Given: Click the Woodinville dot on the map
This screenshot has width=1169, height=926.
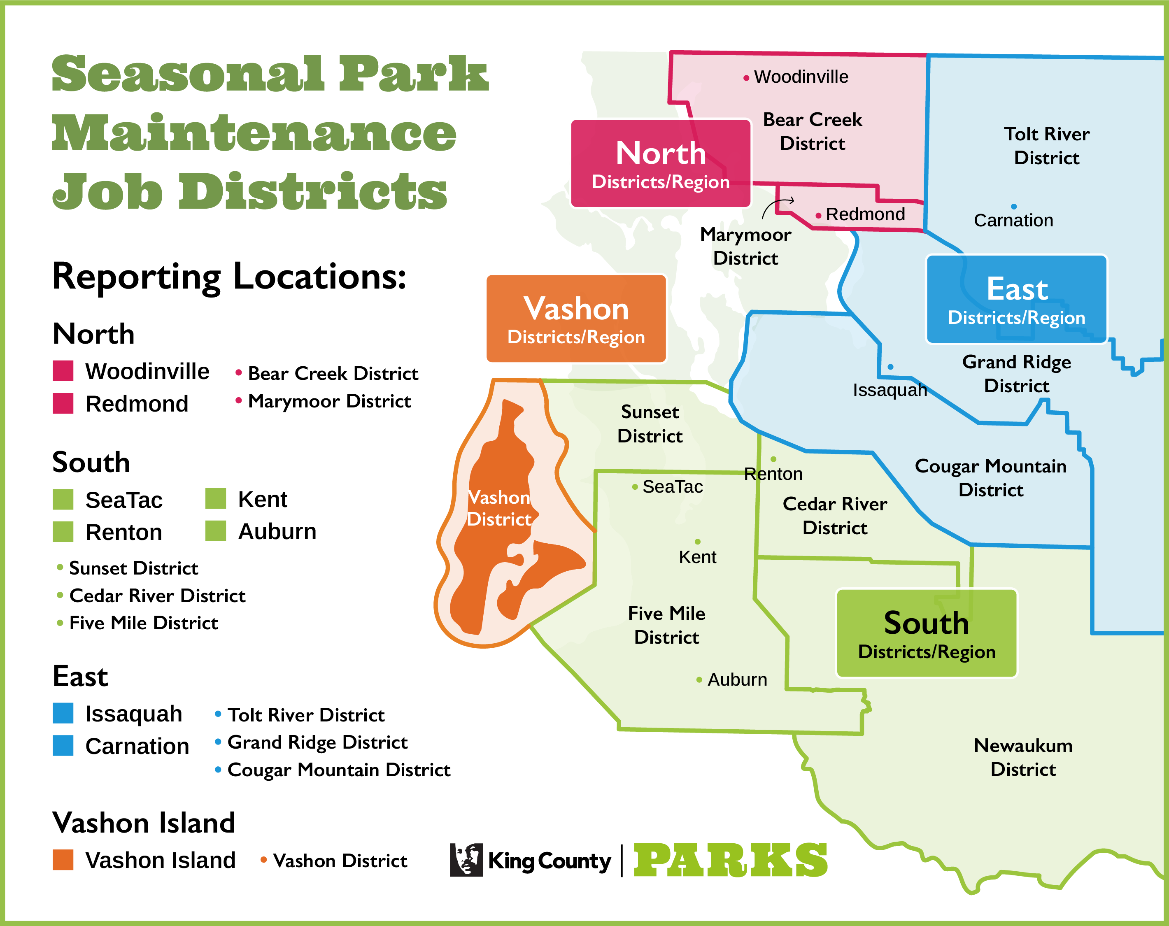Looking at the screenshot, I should tap(746, 79).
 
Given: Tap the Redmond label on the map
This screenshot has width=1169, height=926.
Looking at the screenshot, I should tap(865, 214).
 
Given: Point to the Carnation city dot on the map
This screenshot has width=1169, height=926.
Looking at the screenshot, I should tap(1013, 207).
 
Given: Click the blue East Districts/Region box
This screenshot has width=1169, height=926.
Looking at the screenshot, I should tap(1016, 299).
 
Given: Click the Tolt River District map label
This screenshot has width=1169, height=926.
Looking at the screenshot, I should tap(1046, 146).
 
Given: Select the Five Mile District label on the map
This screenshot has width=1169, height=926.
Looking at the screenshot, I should tap(666, 625).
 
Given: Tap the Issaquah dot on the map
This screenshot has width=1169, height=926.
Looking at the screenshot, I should tap(890, 367).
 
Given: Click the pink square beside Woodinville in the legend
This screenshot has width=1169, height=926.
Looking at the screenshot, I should tap(63, 371).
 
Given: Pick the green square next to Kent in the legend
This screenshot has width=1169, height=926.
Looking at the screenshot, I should tap(215, 499).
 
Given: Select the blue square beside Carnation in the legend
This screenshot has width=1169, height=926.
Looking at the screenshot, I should tap(63, 745).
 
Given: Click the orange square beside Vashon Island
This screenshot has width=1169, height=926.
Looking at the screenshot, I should tap(63, 860).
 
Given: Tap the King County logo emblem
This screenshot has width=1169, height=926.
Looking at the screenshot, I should tap(466, 860).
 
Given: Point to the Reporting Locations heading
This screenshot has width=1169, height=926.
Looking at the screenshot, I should tap(229, 277).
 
